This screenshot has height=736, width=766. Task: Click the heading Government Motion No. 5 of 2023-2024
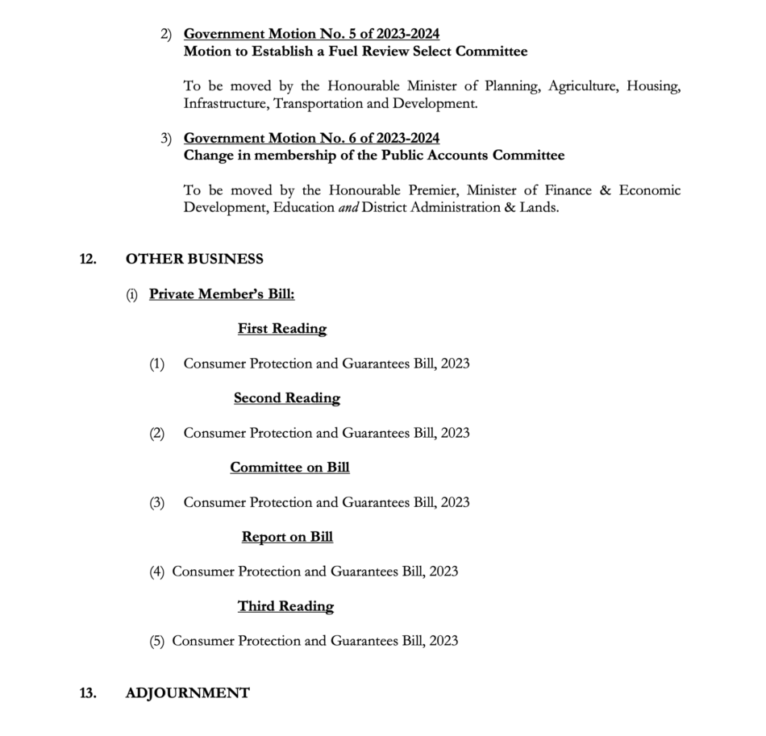[x=311, y=34]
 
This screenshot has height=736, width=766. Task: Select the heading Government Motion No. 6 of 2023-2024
[x=311, y=138]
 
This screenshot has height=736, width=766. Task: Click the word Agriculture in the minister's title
[x=583, y=86]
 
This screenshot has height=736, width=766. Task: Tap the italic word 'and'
[x=348, y=207]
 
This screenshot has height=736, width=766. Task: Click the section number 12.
[x=88, y=259]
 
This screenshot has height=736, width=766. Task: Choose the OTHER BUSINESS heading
[x=194, y=259]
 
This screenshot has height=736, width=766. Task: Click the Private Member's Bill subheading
[x=222, y=294]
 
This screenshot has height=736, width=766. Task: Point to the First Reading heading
[x=282, y=329]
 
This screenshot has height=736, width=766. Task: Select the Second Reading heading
[x=287, y=398]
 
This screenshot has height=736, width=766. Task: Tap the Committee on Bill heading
[x=289, y=468]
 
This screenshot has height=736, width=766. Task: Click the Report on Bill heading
[x=287, y=537]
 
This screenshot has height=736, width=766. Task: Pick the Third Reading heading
[x=285, y=606]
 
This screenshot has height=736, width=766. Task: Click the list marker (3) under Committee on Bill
[x=156, y=502]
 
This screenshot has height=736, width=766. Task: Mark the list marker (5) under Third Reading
[x=156, y=641]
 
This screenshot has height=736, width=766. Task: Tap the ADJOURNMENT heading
[x=188, y=693]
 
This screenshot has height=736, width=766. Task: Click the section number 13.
[x=88, y=693]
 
